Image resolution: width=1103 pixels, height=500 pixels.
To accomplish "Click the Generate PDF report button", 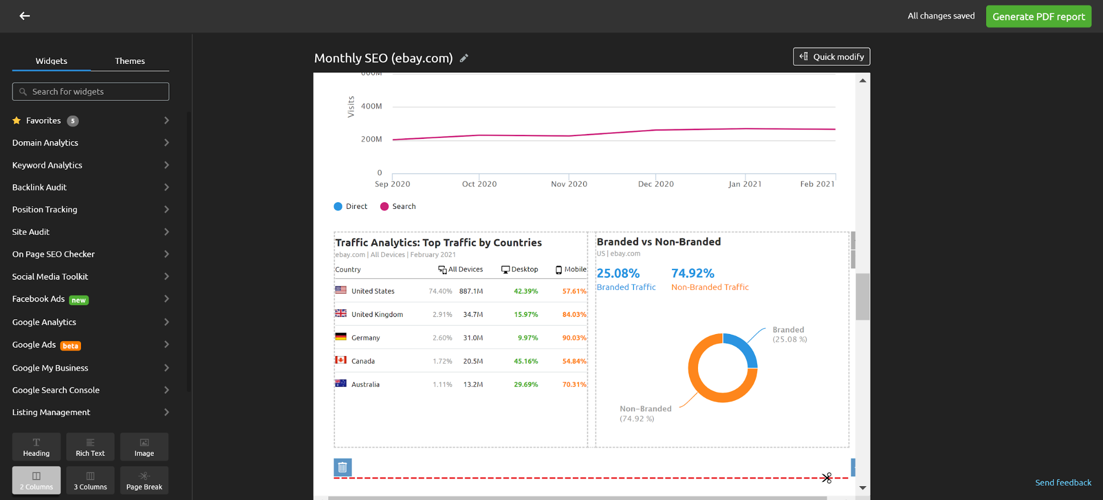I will pos(1038,17).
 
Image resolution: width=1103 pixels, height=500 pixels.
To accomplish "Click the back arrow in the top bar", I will pos(25,16).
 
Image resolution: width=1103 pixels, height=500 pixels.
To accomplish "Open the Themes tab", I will pos(130,61).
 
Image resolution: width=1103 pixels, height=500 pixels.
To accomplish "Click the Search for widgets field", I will pos(91,92).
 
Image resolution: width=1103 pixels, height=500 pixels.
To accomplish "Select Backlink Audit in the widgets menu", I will pos(40,187).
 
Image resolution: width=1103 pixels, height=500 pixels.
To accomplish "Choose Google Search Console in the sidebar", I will pos(56,390).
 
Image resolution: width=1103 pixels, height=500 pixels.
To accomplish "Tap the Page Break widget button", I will pos(144,480).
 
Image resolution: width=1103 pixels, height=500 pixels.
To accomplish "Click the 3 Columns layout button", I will pos(90,480).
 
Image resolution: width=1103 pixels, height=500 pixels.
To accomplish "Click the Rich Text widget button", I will pos(90,447).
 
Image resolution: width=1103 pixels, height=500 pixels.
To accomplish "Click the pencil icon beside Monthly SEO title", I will pos(464,58).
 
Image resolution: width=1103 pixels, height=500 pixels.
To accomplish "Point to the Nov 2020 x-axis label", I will pos(569,184).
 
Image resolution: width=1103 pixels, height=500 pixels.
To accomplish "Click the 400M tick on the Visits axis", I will pos(371,106).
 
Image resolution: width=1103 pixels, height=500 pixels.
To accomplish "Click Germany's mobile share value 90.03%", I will pos(574,338).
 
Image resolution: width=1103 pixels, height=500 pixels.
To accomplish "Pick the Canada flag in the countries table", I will pos(341,361).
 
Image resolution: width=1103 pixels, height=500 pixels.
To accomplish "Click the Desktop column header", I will pos(520,270).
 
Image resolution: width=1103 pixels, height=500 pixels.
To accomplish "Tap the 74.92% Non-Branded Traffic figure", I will pos(692,273).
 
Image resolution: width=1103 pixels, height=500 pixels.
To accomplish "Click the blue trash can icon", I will pos(343,467).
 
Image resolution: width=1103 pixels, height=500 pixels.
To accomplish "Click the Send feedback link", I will pos(1063,483).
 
